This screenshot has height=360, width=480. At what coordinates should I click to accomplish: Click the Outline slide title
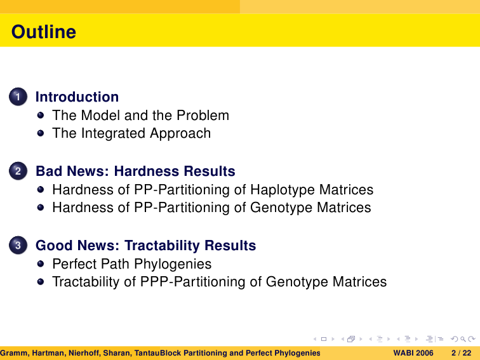(x=44, y=32)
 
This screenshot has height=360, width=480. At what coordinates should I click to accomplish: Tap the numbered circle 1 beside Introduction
(x=18, y=97)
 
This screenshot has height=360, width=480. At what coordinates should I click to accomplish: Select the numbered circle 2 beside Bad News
(x=18, y=171)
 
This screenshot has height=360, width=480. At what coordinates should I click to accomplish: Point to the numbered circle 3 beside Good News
(x=18, y=245)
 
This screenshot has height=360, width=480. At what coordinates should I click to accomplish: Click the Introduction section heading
(x=77, y=97)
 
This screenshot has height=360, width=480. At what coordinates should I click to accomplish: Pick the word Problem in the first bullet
(x=203, y=116)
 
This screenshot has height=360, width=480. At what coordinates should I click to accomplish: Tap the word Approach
(x=180, y=133)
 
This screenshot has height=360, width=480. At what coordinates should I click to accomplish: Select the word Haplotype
(x=283, y=190)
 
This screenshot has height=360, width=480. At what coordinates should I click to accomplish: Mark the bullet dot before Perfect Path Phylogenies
(x=41, y=264)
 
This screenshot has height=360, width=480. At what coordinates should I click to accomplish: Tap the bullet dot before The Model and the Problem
(x=41, y=116)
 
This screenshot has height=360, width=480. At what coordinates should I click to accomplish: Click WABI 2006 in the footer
(x=413, y=353)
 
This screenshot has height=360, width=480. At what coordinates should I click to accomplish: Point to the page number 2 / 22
(x=462, y=353)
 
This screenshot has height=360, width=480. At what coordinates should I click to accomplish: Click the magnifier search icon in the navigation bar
(x=463, y=339)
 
